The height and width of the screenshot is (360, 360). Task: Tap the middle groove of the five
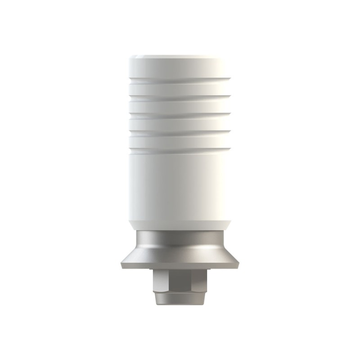(180, 113)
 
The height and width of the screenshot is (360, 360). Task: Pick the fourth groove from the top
(180, 131)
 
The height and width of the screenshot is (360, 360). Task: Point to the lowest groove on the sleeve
(180, 148)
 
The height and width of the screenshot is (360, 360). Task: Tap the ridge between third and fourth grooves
(180, 123)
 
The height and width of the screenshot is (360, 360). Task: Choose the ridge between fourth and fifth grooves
(180, 140)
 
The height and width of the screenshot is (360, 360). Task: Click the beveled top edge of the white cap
(180, 57)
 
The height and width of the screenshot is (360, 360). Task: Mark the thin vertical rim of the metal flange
(180, 266)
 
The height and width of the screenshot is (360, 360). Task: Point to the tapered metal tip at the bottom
(180, 301)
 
